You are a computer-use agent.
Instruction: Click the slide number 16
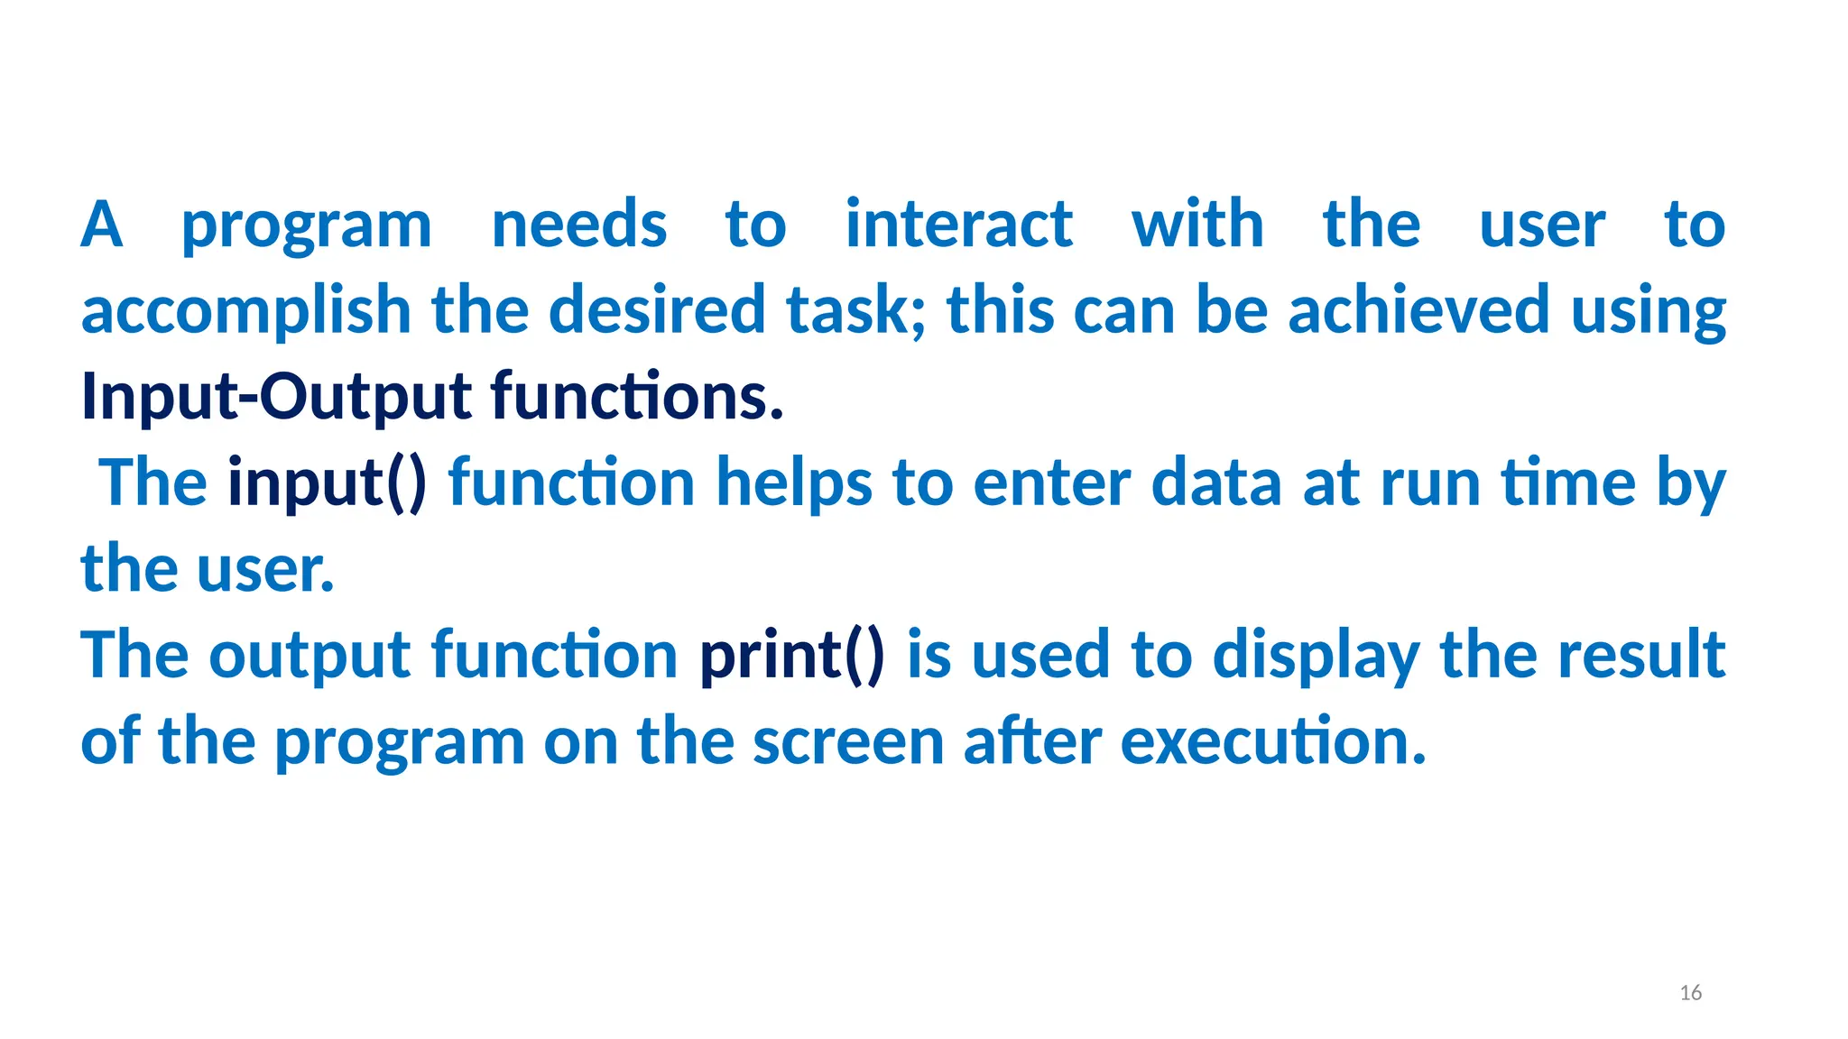(1690, 993)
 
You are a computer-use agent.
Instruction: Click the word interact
(959, 224)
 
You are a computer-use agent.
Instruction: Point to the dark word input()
(327, 483)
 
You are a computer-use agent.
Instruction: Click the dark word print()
(792, 656)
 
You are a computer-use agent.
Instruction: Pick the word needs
(579, 224)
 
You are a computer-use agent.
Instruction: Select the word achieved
(1418, 309)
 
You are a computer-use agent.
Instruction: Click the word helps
(794, 483)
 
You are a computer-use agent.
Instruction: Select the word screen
(848, 741)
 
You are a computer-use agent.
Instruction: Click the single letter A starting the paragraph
(101, 224)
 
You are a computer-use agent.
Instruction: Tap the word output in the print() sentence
(310, 657)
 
